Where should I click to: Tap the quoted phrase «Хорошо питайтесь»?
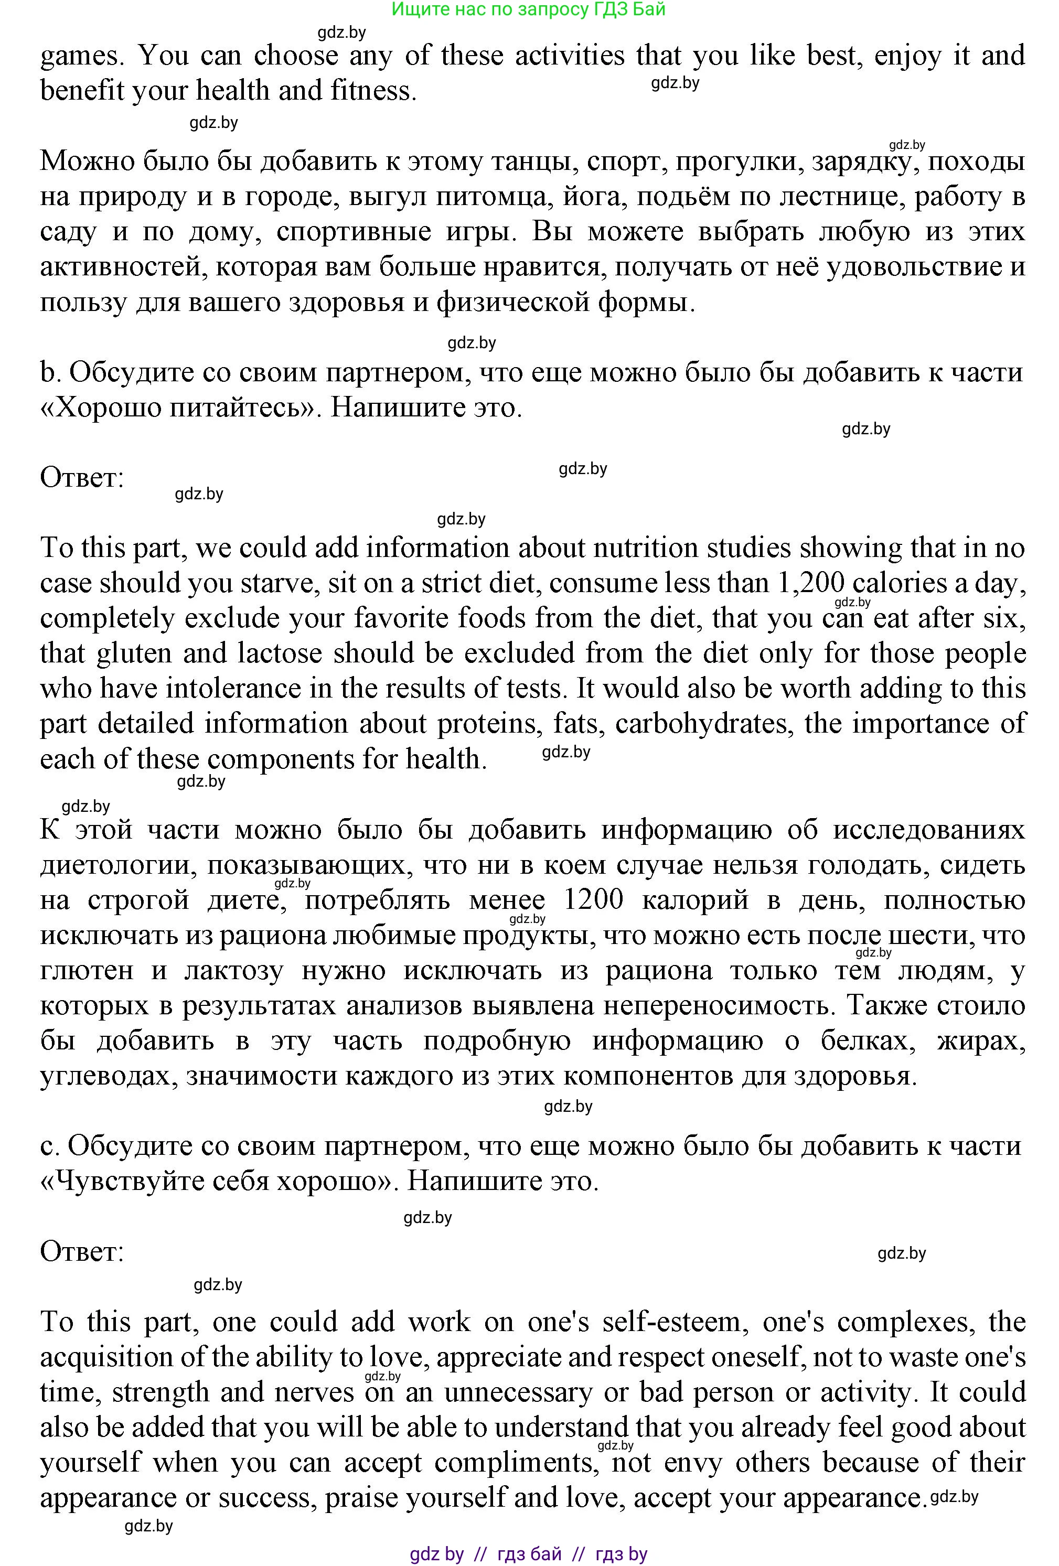click(180, 407)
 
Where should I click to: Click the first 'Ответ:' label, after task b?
click(82, 478)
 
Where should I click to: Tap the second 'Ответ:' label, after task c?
click(82, 1251)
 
